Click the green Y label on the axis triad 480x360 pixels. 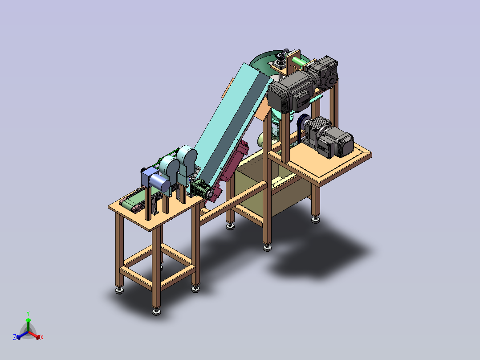click(x=28, y=313)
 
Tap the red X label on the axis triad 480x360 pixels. click(x=42, y=337)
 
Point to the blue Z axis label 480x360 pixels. click(x=15, y=337)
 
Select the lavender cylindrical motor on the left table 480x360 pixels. click(x=159, y=183)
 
